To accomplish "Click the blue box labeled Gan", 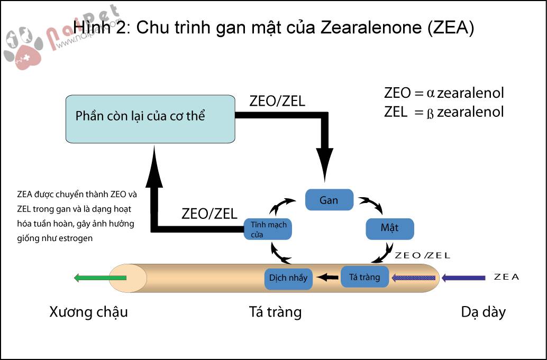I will click(x=329, y=200).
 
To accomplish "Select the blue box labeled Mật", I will click(x=390, y=228).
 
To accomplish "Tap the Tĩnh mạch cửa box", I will click(x=268, y=229).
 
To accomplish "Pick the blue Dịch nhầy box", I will click(x=288, y=278).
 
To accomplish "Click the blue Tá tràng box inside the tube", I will click(x=365, y=276).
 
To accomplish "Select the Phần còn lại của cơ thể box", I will click(x=150, y=118).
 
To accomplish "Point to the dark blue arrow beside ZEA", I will click(x=463, y=277).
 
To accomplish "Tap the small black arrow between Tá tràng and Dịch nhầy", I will click(x=328, y=276).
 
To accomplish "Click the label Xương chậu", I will click(x=88, y=312).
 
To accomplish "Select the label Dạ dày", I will click(x=483, y=312).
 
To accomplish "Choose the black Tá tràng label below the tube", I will click(x=275, y=312).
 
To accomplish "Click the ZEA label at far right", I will click(x=506, y=276).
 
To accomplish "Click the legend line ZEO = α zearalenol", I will click(x=444, y=94).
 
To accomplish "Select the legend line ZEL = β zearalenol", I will click(x=444, y=112).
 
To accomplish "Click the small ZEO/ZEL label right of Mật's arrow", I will click(x=422, y=255).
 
